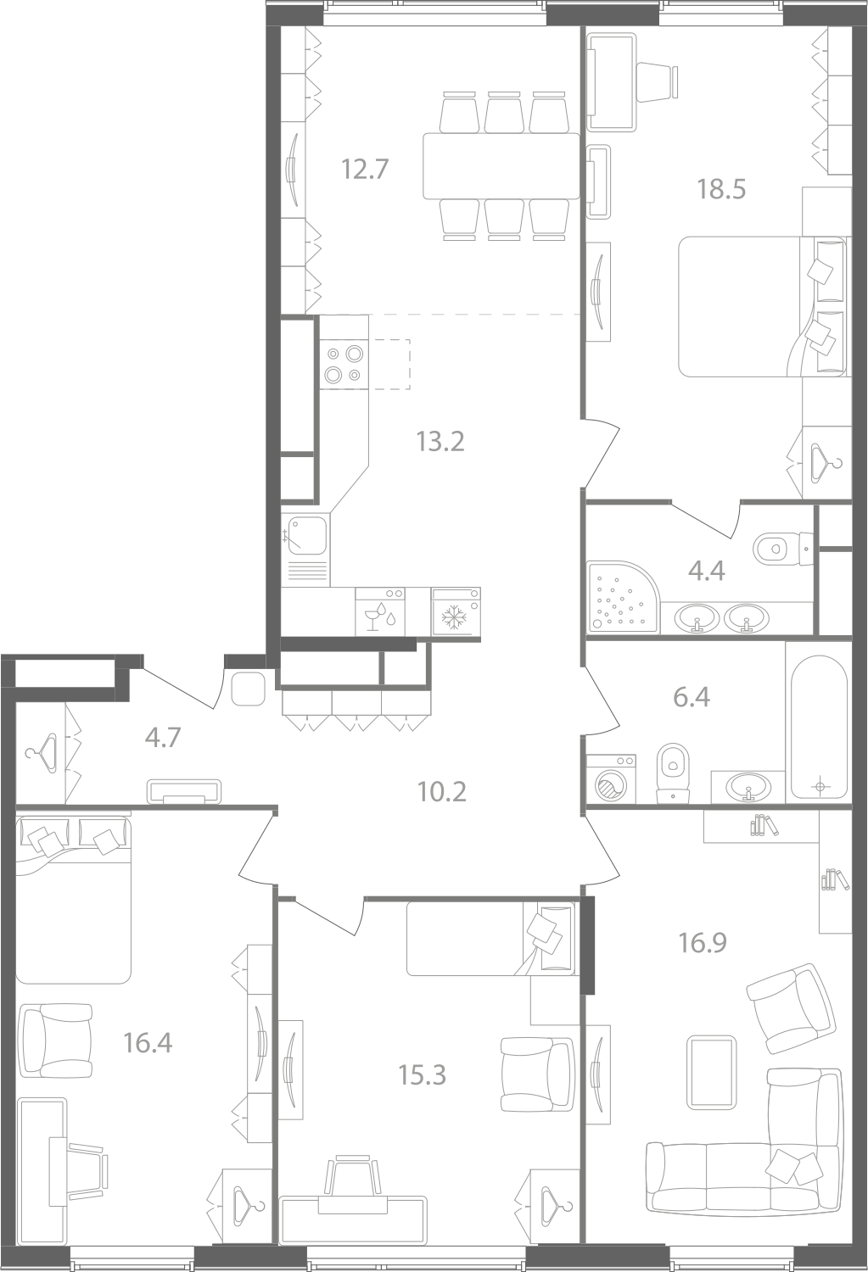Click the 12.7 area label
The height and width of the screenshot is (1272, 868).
click(365, 170)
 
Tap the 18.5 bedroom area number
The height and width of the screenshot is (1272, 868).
click(721, 189)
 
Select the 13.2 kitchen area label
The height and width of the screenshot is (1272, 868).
click(440, 441)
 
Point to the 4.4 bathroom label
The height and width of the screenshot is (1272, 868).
click(707, 570)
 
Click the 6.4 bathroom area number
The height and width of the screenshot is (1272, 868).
click(692, 697)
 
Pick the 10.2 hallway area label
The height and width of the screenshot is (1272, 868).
click(441, 791)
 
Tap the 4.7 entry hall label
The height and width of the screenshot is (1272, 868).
click(163, 739)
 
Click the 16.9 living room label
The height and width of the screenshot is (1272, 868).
click(703, 943)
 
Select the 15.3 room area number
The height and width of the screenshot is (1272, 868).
click(422, 1075)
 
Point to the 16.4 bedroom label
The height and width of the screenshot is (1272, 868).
click(148, 1043)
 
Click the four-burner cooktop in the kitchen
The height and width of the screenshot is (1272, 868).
click(344, 364)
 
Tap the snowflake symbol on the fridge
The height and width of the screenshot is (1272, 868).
click(454, 618)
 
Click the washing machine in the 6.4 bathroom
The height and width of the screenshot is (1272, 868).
click(611, 778)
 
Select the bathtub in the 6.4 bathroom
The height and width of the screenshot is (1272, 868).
click(819, 728)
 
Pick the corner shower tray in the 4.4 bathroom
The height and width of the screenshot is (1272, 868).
click(624, 597)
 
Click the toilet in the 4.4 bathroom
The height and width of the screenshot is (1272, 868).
click(785, 548)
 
